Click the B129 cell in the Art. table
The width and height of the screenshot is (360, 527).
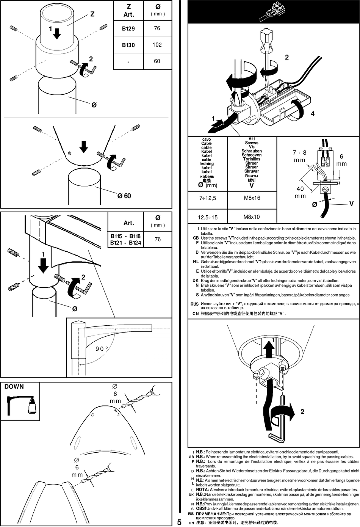pos(128,28)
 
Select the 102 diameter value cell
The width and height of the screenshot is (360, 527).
pos(157,45)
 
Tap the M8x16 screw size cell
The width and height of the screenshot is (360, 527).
pos(252,198)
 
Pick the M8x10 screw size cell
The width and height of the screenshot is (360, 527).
pos(252,217)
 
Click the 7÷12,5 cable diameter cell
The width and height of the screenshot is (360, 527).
pos(208,198)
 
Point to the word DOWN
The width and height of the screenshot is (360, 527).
pos(14,387)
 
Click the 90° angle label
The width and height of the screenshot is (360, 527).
pos(102,349)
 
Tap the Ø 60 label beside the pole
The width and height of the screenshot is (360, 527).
pos(124,196)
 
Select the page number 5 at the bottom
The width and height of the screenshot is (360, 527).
pos(179,522)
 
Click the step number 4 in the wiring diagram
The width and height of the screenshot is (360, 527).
pos(313,114)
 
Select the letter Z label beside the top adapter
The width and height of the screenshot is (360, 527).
pos(92,14)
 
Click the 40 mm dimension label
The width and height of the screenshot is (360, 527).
pos(300,192)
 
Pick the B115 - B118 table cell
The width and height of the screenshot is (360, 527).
pos(125,236)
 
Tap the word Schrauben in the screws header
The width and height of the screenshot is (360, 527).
pos(252,151)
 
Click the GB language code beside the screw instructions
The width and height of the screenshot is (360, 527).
pos(196,238)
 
